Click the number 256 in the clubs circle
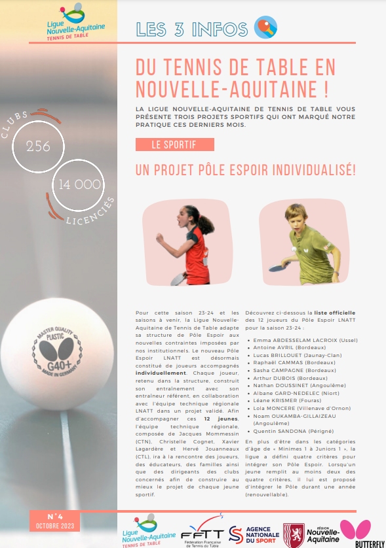tap(38, 146)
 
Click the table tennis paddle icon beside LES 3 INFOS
tap(265, 27)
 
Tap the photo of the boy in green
tap(294, 237)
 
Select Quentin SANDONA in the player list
tap(283, 431)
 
